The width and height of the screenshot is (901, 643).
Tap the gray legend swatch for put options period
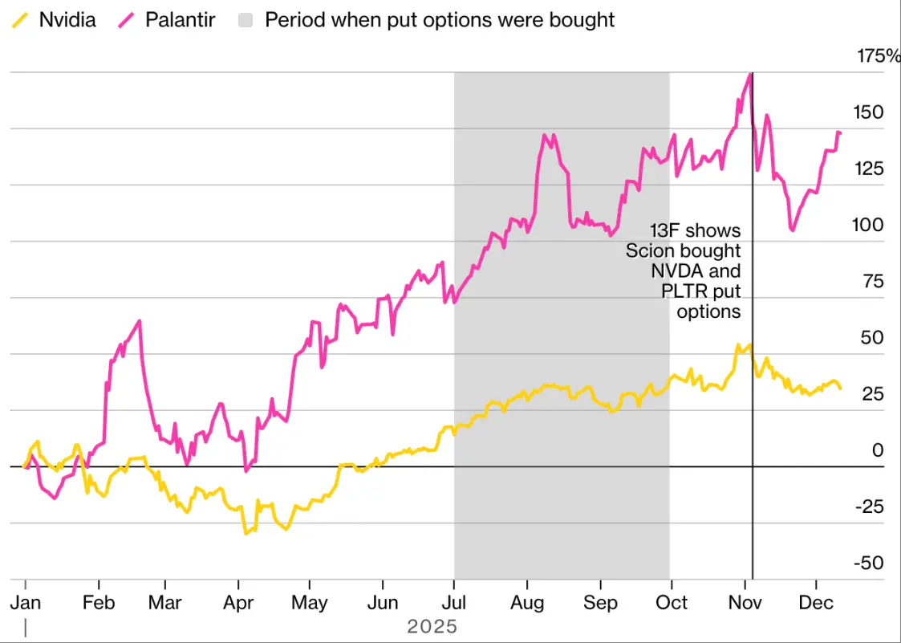(x=247, y=20)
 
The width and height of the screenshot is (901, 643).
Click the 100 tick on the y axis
(x=867, y=225)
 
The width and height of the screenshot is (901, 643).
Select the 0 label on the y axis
(x=877, y=450)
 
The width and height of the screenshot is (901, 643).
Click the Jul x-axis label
(x=454, y=602)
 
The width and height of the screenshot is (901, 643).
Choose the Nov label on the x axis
(x=746, y=602)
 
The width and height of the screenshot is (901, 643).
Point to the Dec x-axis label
(x=816, y=602)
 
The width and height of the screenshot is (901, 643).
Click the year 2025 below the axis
(x=432, y=626)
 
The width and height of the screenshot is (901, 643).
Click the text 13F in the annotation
(x=665, y=232)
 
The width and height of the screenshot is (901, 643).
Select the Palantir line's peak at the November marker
(x=750, y=74)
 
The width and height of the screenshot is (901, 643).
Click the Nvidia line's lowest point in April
(x=246, y=533)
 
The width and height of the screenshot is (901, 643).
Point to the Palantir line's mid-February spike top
(x=140, y=321)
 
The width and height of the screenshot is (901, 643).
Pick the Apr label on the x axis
(x=238, y=602)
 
